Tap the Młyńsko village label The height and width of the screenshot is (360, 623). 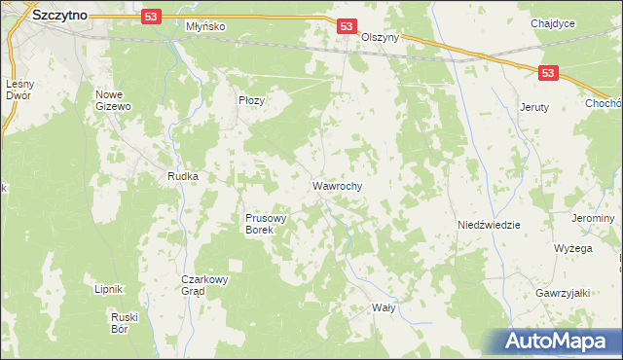(x=205, y=26)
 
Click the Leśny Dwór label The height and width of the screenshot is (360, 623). (x=20, y=90)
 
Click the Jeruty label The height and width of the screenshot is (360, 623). (x=535, y=107)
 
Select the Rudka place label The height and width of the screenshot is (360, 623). (x=183, y=176)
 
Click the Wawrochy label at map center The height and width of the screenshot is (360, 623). (x=338, y=184)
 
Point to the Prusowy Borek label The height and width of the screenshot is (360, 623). (x=265, y=225)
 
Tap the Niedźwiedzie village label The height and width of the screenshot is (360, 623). (x=489, y=225)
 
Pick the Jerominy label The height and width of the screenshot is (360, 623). (x=594, y=219)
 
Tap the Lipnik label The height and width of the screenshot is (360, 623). (x=108, y=289)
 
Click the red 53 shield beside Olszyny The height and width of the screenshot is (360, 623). (x=348, y=26)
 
